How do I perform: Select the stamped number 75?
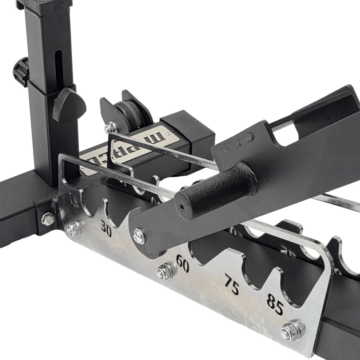(231, 284)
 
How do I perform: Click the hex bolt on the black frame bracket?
(48, 219)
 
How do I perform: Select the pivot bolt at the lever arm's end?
(139, 236)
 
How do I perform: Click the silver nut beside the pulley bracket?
(110, 128)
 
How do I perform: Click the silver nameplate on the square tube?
(133, 148)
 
